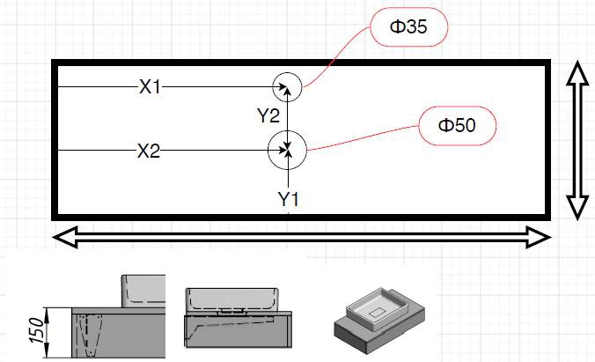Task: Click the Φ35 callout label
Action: click(x=410, y=27)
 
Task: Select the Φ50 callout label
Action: click(x=457, y=125)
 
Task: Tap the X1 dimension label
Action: click(x=151, y=87)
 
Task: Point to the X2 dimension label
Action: click(x=148, y=151)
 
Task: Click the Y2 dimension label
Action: click(x=268, y=115)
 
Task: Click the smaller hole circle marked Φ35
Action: click(x=288, y=86)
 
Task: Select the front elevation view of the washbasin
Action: click(x=236, y=317)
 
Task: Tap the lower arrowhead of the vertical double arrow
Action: click(x=577, y=208)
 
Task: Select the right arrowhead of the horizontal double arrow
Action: click(x=540, y=236)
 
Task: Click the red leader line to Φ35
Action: click(x=339, y=48)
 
